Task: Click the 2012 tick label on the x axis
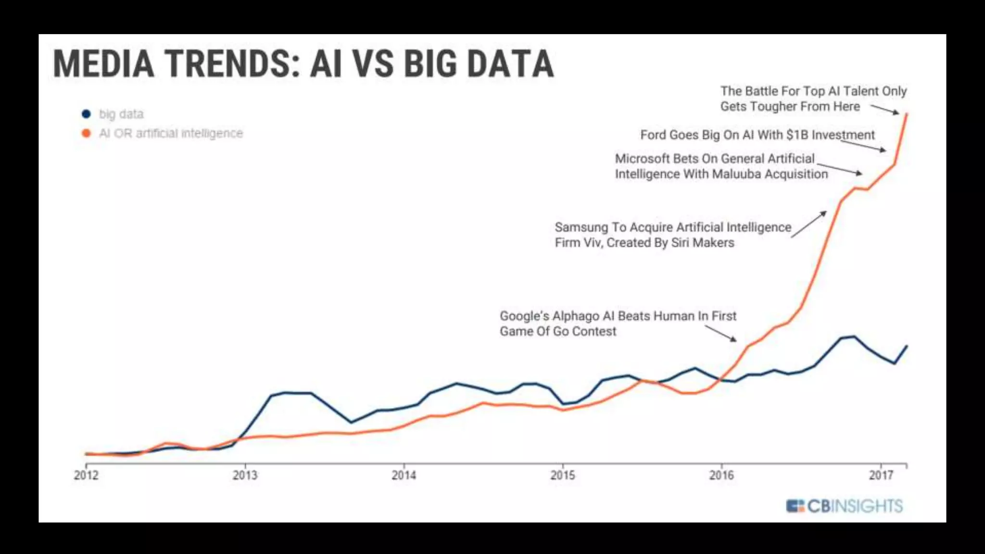[x=86, y=475]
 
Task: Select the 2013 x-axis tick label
[x=245, y=475]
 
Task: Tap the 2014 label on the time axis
[x=404, y=475]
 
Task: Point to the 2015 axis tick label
[x=563, y=475]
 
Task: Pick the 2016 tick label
[x=721, y=475]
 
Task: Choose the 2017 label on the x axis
[x=881, y=475]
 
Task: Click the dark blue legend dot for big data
[x=87, y=114]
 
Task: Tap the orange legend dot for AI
[x=87, y=133]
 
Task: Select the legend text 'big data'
[x=121, y=114]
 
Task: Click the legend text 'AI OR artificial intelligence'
[x=171, y=133]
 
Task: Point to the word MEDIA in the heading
[x=103, y=63]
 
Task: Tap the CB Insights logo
[x=845, y=506]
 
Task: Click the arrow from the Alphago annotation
[x=720, y=333]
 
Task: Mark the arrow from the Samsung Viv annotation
[x=809, y=224]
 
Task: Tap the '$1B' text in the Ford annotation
[x=797, y=135]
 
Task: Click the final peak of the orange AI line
[x=907, y=114]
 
